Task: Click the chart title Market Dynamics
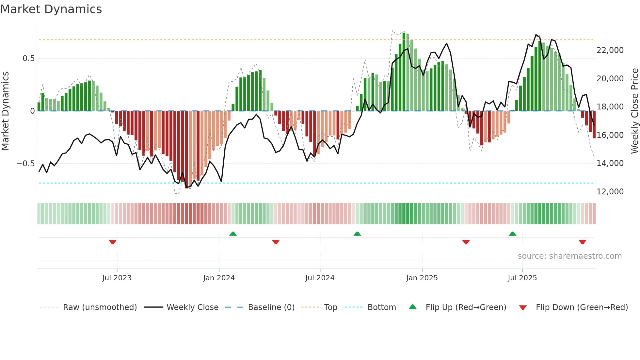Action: coord(51,9)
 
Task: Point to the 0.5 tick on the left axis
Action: coord(28,58)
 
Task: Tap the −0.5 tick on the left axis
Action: coord(26,164)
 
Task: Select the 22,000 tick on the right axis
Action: coord(610,50)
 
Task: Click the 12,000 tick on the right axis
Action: coord(610,192)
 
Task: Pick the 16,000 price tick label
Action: coord(610,135)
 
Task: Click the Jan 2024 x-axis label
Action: coord(219,278)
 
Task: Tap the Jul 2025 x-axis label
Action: coord(522,278)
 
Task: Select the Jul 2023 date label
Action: coord(117,278)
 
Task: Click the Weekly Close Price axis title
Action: coord(634,111)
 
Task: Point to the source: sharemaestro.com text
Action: coord(569,256)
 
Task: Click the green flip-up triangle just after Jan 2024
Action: coord(233,234)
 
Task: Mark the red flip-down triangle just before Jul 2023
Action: coord(113,242)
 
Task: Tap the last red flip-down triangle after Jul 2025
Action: coord(582,242)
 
